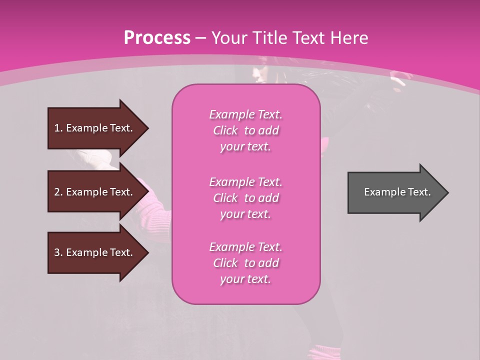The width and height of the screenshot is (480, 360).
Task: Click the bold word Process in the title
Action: tap(157, 38)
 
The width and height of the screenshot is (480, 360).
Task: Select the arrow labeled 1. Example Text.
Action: tap(95, 128)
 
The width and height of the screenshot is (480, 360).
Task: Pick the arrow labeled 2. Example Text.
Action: tap(95, 192)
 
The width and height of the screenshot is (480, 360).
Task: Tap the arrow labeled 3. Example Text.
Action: tap(95, 252)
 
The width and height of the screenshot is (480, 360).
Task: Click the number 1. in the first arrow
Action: tap(58, 128)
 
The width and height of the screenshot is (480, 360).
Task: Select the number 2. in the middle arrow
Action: tap(58, 192)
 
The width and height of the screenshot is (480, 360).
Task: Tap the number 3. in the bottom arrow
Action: tap(58, 252)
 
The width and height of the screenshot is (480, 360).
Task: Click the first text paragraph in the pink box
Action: tap(245, 130)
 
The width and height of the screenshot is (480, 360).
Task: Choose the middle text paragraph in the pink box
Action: tap(245, 198)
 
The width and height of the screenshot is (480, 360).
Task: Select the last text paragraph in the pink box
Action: tap(245, 263)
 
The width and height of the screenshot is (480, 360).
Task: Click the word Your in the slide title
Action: tap(229, 38)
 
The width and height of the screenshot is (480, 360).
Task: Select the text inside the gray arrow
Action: tap(397, 192)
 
